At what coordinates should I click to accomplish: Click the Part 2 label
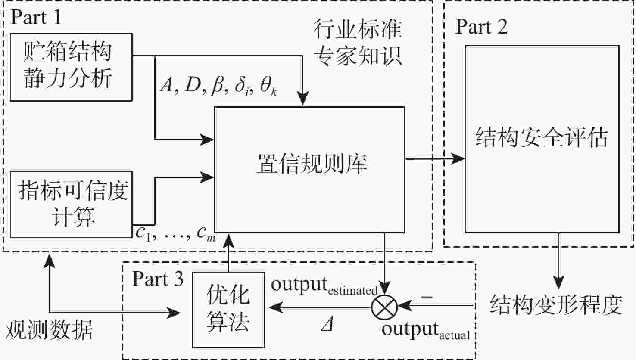pyautogui.click(x=481, y=27)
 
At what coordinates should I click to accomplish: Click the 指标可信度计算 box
pyautogui.click(x=71, y=204)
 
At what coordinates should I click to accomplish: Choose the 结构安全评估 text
pyautogui.click(x=541, y=138)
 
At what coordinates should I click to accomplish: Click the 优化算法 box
pyautogui.click(x=228, y=309)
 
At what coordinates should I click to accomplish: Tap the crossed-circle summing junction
pyautogui.click(x=384, y=307)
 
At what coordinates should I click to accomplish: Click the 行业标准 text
pyautogui.click(x=357, y=30)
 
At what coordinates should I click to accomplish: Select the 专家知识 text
pyautogui.click(x=357, y=56)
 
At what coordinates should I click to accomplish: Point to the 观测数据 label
pyautogui.click(x=49, y=330)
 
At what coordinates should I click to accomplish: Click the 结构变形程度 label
pyautogui.click(x=556, y=304)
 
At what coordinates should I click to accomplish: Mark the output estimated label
pyautogui.click(x=324, y=286)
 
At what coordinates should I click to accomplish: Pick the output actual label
pyautogui.click(x=425, y=330)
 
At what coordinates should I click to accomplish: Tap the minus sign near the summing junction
pyautogui.click(x=426, y=297)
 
